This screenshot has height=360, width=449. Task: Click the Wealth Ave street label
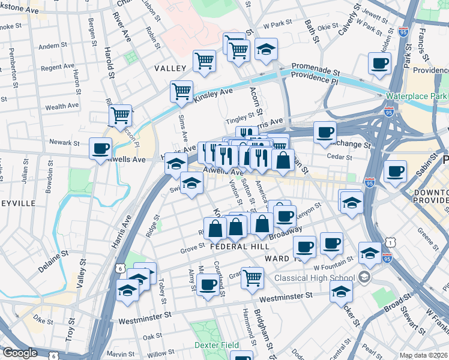62,106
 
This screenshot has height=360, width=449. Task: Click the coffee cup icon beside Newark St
100,148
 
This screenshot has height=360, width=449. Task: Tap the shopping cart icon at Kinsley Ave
181,91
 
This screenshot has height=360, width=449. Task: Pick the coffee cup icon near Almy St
208,284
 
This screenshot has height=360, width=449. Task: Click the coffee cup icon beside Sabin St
395,171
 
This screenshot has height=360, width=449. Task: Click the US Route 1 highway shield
392,242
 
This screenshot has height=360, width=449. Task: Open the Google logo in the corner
20,353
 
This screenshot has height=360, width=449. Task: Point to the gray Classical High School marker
364,278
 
